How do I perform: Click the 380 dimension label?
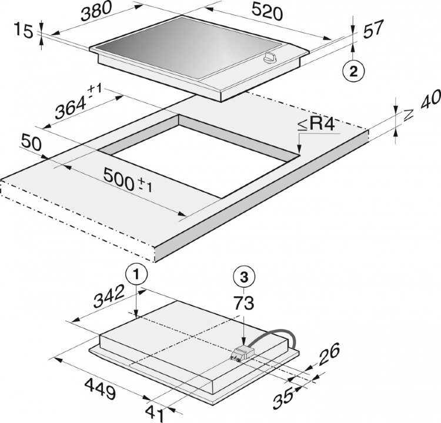[96, 12]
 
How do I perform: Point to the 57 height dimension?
[373, 29]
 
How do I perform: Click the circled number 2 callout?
[353, 72]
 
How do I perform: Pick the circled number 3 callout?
[244, 277]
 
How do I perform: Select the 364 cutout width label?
[78, 102]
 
